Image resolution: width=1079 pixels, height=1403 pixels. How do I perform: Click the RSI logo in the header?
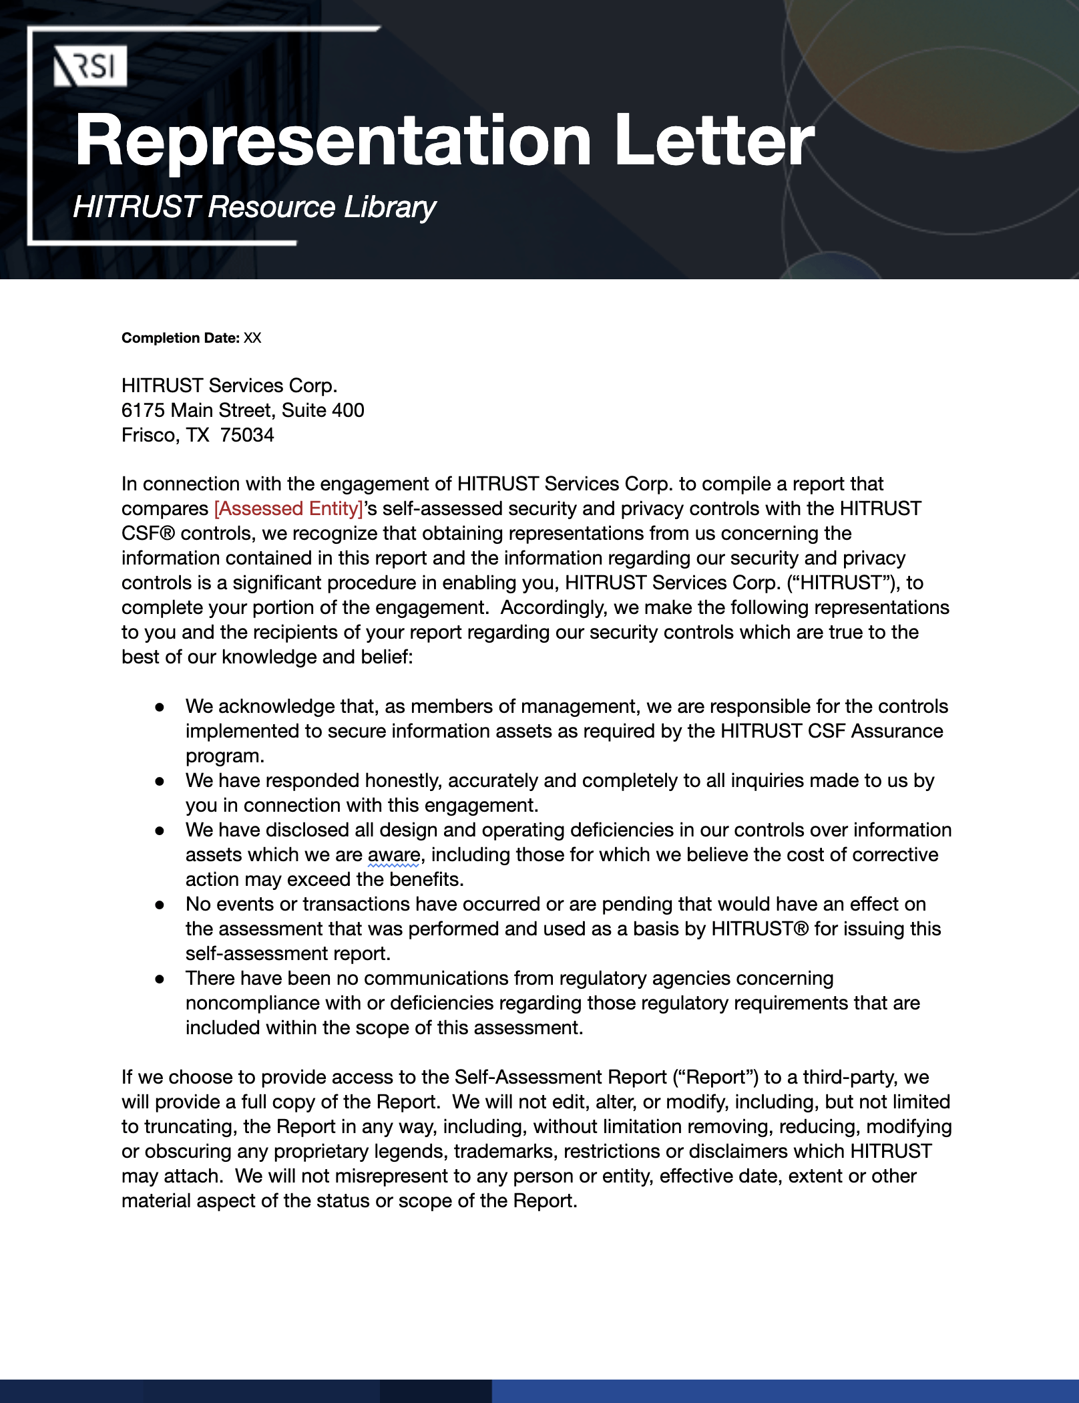point(90,67)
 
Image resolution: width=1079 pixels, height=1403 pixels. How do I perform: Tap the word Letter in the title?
point(714,140)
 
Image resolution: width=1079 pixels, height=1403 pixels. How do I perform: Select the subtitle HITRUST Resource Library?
point(254,207)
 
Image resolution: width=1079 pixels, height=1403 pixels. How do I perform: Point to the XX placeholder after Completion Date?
point(252,338)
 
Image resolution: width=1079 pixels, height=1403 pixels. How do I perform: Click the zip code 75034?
point(247,436)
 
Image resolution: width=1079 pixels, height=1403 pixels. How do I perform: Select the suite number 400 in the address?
point(348,410)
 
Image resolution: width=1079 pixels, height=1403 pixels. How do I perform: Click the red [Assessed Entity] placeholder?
point(288,509)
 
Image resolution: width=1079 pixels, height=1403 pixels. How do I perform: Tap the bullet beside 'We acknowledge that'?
point(160,708)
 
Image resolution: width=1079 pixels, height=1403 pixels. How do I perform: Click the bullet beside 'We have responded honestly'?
point(160,782)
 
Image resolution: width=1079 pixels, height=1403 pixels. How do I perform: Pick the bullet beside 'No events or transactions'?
point(160,905)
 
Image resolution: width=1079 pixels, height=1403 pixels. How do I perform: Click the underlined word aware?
point(394,855)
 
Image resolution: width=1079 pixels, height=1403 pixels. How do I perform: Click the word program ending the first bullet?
point(224,756)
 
